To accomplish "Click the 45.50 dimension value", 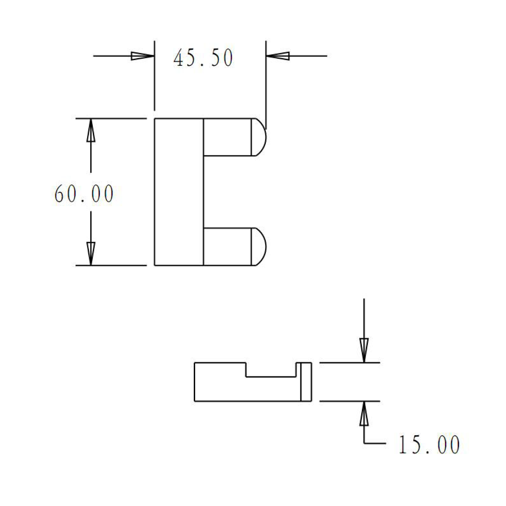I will (x=203, y=58).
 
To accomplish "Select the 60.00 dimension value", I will (x=84, y=194).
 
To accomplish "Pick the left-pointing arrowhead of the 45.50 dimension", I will (x=278, y=56).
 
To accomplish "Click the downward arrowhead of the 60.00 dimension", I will (x=91, y=253).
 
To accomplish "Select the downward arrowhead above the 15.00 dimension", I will (x=364, y=350).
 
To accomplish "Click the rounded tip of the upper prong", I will (x=259, y=137).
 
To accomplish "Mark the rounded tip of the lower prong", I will (x=259, y=247).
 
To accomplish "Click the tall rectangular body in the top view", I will (x=179, y=192).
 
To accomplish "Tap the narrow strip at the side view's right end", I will (x=306, y=382).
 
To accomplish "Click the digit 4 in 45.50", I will (x=178, y=58).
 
